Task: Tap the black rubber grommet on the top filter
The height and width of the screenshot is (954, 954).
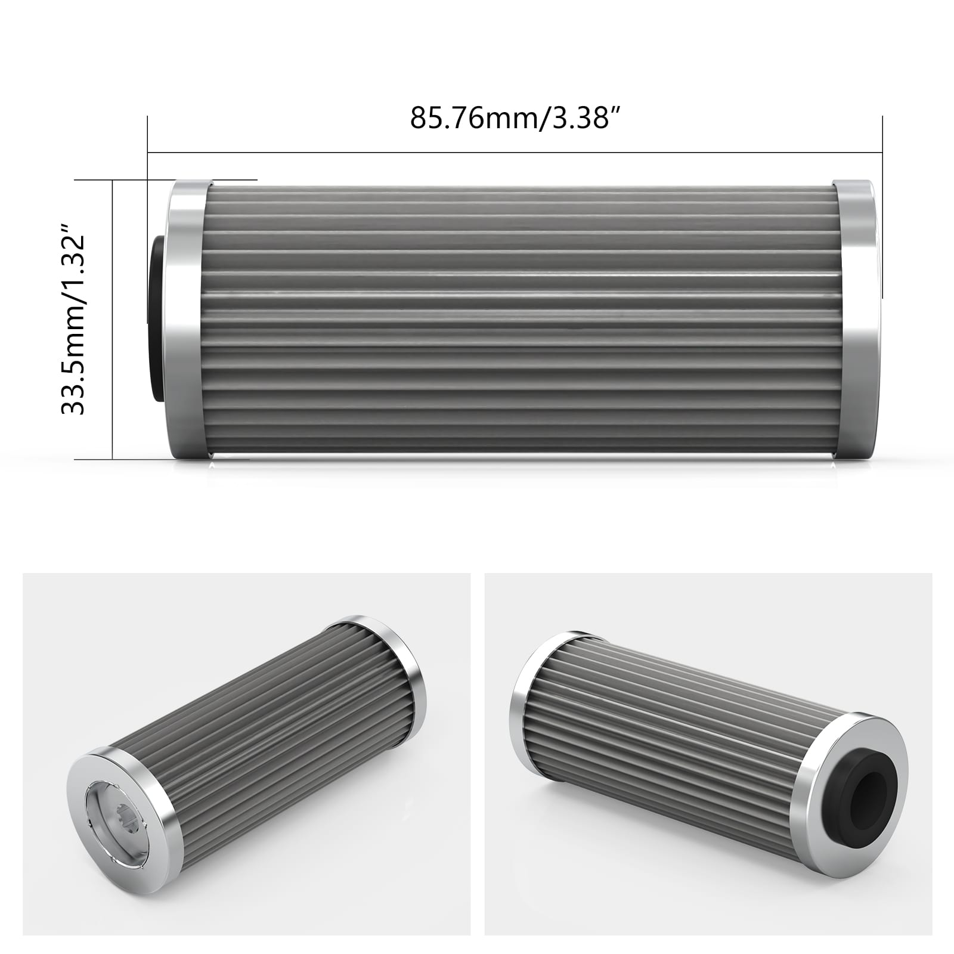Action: tap(157, 319)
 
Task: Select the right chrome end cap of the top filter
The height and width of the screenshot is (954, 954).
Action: tap(857, 319)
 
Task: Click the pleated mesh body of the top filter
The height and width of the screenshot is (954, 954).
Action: tap(519, 319)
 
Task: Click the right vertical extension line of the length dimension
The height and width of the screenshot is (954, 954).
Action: tap(882, 238)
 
